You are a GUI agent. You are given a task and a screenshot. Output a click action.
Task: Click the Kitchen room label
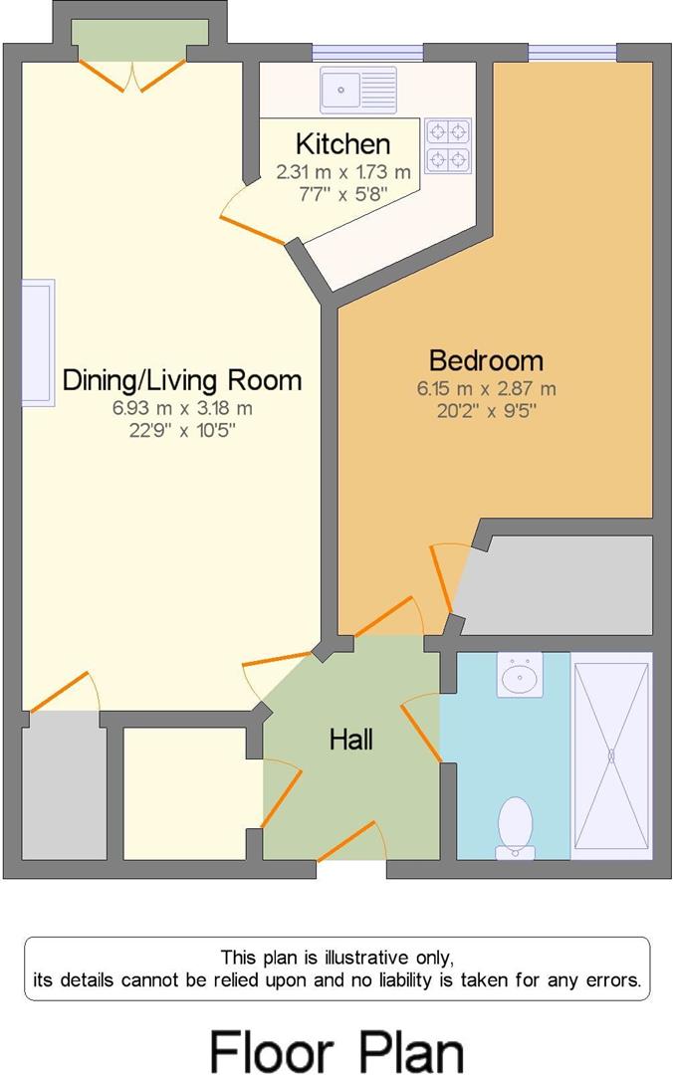342,144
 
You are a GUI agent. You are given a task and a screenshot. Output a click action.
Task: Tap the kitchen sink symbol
357,90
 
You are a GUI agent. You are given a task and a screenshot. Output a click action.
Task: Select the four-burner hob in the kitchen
448,146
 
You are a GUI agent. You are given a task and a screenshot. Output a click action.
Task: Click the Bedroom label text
486,359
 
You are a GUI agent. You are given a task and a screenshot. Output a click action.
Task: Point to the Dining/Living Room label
182,379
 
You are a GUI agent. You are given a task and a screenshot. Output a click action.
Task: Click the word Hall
351,740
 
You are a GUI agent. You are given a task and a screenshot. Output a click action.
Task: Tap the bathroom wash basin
519,676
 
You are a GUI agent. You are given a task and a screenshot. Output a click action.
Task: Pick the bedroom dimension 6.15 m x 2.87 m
486,388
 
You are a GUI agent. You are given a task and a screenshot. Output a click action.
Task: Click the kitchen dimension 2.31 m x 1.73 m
342,172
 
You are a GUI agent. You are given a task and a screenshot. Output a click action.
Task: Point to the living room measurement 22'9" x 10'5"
182,430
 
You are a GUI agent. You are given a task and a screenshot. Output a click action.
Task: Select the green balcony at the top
139,32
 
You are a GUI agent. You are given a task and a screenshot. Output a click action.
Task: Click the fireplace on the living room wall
39,342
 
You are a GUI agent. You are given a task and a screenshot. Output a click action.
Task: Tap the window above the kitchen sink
366,53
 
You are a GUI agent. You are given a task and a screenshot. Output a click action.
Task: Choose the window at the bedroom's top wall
571,53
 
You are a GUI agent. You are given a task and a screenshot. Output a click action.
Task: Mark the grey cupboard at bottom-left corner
64,786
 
